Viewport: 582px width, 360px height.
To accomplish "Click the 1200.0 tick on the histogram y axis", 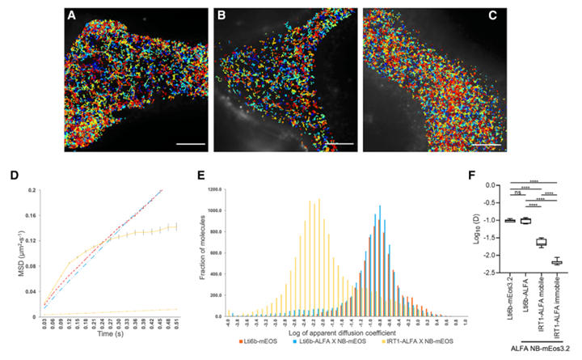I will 217,191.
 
